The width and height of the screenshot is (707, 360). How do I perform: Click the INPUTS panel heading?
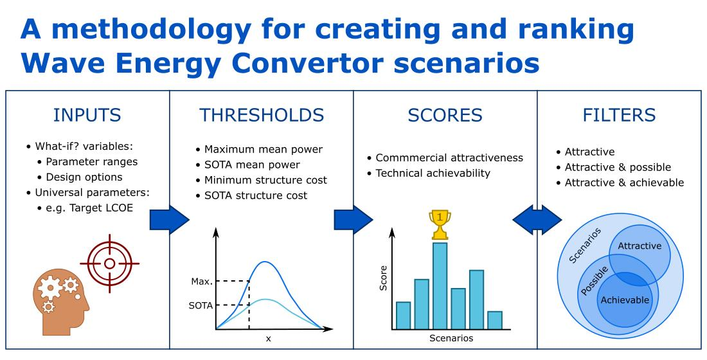87,115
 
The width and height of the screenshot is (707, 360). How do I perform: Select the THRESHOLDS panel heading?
262,115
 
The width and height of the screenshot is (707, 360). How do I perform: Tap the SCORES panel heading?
445,115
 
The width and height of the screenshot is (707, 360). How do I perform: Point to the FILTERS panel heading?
619,115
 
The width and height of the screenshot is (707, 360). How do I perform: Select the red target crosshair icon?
109,264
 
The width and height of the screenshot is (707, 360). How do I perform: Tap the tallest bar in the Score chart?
440,285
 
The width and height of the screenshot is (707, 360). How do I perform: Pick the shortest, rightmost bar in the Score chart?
494,319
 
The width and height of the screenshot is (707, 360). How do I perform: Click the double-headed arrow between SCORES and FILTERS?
537,220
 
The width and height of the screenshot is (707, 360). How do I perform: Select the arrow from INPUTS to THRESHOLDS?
169,220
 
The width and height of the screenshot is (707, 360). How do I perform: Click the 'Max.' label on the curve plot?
201,282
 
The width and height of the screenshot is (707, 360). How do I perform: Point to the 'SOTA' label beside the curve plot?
200,305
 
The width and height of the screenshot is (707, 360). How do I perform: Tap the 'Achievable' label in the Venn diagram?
624,300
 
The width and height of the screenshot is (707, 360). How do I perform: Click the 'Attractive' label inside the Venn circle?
639,246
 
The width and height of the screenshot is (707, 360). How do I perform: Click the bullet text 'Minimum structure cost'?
265,180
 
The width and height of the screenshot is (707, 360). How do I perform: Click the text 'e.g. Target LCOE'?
89,207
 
